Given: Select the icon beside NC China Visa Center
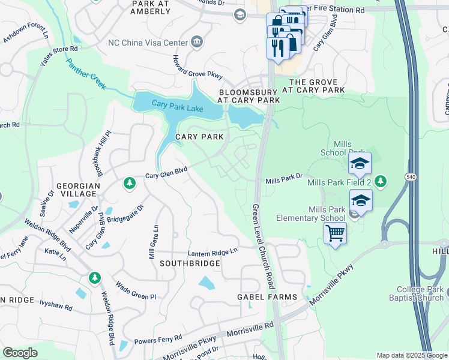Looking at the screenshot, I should pyautogui.click(x=196, y=41).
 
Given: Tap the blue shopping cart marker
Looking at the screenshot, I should pyautogui.click(x=335, y=232).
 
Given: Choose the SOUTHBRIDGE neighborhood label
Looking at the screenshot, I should pyautogui.click(x=190, y=263).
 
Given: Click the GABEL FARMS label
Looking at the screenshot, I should pyautogui.click(x=267, y=297).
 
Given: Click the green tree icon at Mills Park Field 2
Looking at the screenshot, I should pyautogui.click(x=379, y=181).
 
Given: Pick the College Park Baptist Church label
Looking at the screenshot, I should pyautogui.click(x=420, y=293).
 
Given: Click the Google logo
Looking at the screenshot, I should pyautogui.click(x=20, y=353).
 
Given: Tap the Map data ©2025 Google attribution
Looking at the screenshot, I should pyautogui.click(x=411, y=355).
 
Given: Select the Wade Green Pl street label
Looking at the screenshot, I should pyautogui.click(x=136, y=291).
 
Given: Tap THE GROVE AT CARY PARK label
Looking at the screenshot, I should pyautogui.click(x=317, y=86).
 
